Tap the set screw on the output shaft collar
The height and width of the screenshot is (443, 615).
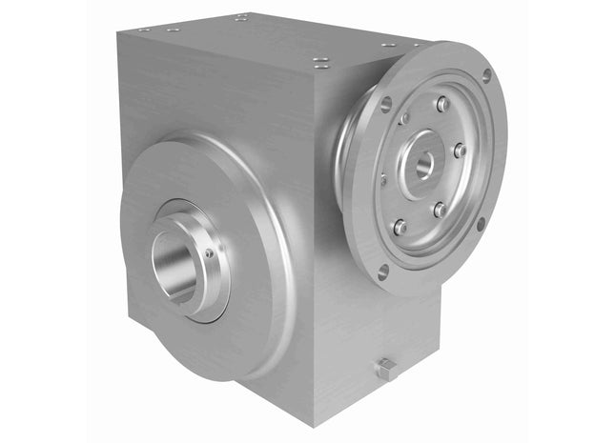(x=209, y=254)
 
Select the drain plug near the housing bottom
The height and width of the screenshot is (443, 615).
(x=386, y=370)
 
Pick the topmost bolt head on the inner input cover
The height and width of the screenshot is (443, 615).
(x=441, y=104)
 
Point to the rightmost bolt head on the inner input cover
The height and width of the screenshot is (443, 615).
(x=460, y=151)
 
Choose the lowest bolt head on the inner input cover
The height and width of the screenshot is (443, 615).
(x=400, y=227)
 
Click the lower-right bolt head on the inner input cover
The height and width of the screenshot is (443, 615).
(x=440, y=209)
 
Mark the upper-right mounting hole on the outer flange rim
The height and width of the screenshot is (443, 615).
(x=486, y=74)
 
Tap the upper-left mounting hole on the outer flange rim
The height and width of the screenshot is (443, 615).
(x=385, y=105)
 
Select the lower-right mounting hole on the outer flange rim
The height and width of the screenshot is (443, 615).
(x=482, y=224)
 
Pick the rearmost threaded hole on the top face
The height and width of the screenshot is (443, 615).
(x=241, y=16)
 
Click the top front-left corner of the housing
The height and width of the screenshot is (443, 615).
(x=117, y=34)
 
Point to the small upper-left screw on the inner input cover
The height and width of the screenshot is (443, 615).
(x=404, y=118)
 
